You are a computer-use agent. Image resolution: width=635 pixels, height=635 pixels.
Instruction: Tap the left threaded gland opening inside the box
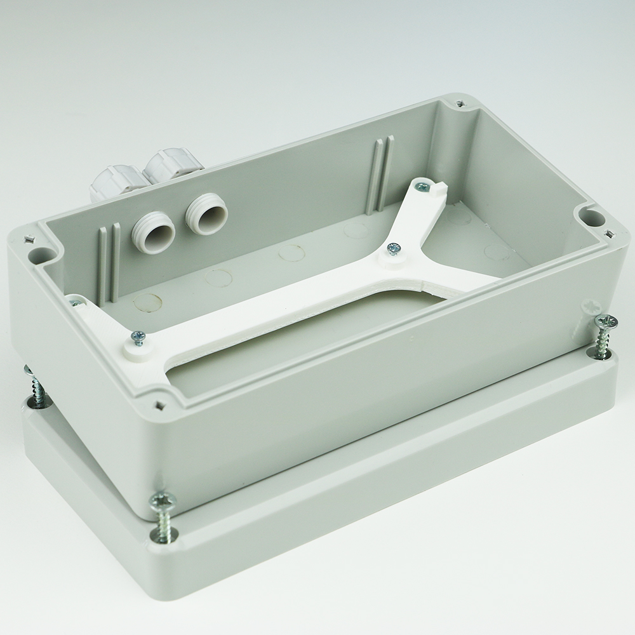[x=153, y=232]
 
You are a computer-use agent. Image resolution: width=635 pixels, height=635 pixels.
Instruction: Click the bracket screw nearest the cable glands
[x=138, y=337]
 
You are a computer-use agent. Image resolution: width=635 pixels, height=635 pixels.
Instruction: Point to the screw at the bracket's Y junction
[x=394, y=247]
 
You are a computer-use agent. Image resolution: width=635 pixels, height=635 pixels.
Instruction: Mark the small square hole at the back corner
[x=458, y=102]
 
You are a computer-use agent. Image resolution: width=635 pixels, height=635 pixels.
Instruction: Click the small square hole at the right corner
[x=611, y=233]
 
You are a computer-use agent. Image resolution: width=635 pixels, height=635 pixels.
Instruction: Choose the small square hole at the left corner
[x=28, y=239]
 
